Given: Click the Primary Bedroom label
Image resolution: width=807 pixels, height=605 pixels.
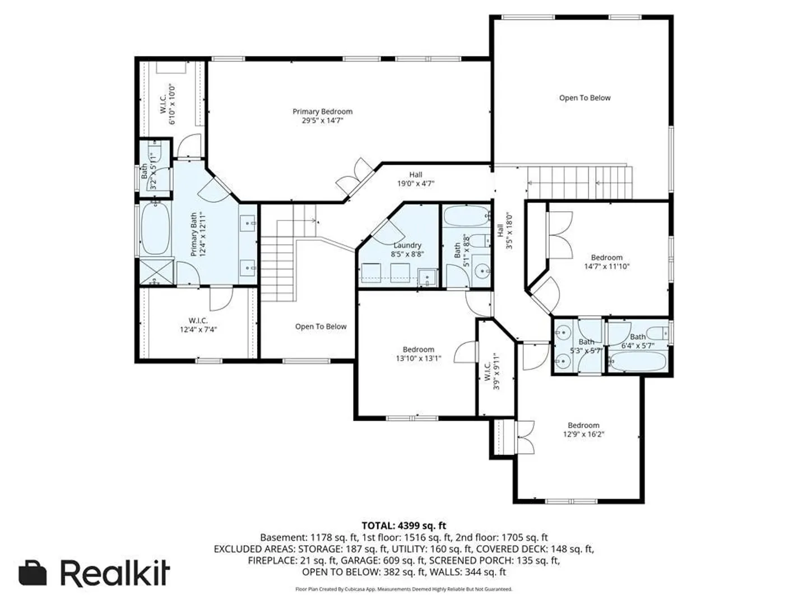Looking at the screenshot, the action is pos(322,111).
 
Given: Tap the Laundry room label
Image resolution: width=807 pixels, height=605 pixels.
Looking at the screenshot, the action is pos(407,245).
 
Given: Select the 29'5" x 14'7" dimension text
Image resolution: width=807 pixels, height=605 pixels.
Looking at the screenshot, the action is pos(322,120).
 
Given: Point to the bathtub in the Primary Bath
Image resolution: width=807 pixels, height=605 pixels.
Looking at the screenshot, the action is pos(156,229).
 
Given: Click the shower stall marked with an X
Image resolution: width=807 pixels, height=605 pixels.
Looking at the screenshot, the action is pos(156,272).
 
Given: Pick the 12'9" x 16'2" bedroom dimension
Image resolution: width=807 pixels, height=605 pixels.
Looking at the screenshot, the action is pos(583,434).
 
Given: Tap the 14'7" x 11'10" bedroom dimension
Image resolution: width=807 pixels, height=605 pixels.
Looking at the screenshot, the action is pos(606,266).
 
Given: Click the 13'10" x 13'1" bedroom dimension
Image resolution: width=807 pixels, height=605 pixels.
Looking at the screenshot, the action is pos(419,358).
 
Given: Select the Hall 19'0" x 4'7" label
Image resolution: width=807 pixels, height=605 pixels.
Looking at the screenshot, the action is pos(415,179).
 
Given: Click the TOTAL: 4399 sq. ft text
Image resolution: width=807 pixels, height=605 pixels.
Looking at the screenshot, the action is pos(403,525).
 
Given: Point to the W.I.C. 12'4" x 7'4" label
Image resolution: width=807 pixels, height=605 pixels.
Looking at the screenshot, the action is pos(198,325).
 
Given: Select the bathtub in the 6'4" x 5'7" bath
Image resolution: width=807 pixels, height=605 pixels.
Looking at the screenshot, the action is pos(638,361).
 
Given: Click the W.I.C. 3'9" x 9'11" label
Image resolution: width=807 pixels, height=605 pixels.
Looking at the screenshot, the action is pos(491,371).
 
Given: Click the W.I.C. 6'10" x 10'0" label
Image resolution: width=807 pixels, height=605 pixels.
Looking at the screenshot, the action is pos(168,104).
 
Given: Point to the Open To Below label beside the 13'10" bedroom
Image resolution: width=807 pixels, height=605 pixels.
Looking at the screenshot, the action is pos(321,327).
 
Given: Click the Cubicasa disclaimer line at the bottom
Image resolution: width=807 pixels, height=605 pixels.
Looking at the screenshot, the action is pos(403,589).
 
